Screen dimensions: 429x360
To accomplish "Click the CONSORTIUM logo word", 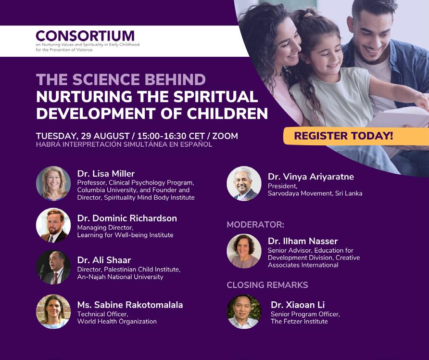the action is click(85, 36).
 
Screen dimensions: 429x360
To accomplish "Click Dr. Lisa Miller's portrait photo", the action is click(53, 183).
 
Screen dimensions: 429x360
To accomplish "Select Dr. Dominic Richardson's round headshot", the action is click(53, 225).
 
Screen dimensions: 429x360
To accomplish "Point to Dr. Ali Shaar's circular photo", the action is click(53, 267).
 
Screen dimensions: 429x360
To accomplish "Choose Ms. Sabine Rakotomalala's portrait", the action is click(53, 311).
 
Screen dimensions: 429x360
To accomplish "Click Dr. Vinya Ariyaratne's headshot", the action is click(244, 183).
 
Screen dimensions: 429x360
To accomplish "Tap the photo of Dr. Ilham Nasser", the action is click(244, 251).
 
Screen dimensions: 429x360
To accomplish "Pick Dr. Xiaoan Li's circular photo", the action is click(244, 311).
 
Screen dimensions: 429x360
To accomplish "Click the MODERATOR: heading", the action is click(255, 225).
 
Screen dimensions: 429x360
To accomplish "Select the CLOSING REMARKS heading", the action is click(267, 285).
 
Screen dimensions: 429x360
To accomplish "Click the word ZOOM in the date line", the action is click(225, 136).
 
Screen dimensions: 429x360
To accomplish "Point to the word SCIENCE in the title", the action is click(106, 79).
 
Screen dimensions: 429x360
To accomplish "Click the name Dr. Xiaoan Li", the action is click(298, 305).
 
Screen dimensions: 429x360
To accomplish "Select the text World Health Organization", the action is click(117, 321).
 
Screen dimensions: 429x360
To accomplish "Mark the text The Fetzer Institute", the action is click(299, 321).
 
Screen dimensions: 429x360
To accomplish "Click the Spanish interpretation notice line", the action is click(124, 144).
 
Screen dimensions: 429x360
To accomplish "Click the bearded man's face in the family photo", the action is click(373, 37).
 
